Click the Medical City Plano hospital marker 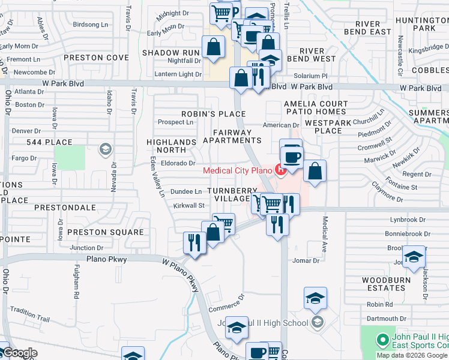click(x=280, y=170)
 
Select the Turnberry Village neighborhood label click(x=228, y=194)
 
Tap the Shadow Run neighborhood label click(x=170, y=53)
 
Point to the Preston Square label click(x=105, y=232)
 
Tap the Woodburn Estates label click(x=386, y=284)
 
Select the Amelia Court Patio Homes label click(x=316, y=108)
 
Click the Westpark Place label click(x=327, y=126)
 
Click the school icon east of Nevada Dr click(x=106, y=149)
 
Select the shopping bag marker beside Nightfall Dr click(x=213, y=47)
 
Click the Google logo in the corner click(x=20, y=353)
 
